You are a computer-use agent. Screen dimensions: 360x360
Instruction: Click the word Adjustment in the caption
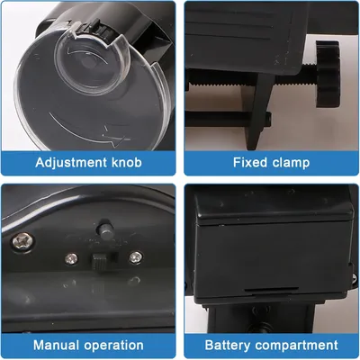(x=71, y=162)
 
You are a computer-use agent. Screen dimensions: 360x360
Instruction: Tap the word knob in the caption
(x=127, y=162)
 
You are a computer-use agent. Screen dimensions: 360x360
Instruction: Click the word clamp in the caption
(x=291, y=163)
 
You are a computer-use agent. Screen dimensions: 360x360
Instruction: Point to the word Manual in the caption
(x=56, y=345)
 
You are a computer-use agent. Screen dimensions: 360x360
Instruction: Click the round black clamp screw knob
(x=328, y=74)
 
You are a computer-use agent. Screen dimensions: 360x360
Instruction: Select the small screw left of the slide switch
(x=71, y=258)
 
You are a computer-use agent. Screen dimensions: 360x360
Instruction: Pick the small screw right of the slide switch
(x=136, y=257)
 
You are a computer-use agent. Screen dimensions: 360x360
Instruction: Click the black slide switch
(x=100, y=261)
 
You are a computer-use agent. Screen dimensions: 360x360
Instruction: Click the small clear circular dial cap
(x=92, y=63)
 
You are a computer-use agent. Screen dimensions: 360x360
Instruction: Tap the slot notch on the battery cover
(x=271, y=290)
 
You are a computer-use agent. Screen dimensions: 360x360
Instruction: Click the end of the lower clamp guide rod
(x=268, y=118)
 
